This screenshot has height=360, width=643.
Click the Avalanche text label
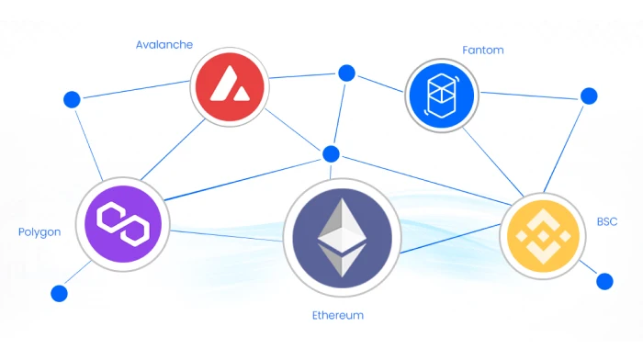tap(163, 44)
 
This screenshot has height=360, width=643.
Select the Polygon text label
tap(39, 232)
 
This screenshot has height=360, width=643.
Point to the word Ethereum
tap(337, 315)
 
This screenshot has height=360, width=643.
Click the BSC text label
tap(607, 222)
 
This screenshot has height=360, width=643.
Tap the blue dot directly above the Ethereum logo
tap(331, 153)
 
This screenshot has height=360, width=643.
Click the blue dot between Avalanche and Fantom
tap(346, 72)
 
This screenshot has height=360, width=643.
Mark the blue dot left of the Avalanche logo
tap(71, 99)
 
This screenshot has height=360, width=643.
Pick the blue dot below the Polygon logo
tap(60, 294)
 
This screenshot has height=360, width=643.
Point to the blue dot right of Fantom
tap(589, 96)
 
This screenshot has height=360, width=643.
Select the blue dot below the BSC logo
tap(604, 281)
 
